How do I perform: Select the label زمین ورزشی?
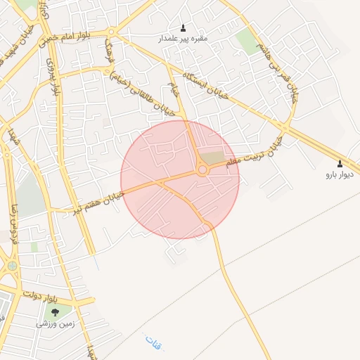(x=55, y=324)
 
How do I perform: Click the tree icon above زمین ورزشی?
(x=55, y=312)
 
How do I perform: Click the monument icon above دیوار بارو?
(x=340, y=163)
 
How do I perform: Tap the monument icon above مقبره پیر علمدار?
(x=184, y=28)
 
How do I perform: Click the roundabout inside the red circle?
(x=202, y=169)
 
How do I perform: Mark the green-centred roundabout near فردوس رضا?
(x=12, y=266)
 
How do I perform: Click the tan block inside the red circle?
(x=212, y=158)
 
